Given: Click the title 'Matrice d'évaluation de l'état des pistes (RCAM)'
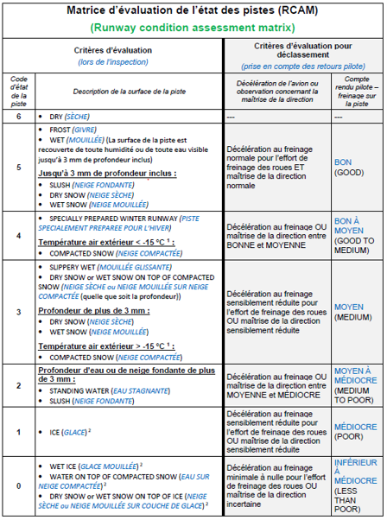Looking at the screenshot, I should [193, 11].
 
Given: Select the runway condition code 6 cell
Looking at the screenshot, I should [18, 115].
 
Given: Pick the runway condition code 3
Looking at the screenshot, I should [18, 309].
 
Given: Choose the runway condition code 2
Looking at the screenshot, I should [18, 386].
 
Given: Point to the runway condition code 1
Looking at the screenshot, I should [18, 432].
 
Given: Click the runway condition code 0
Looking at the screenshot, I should [18, 485].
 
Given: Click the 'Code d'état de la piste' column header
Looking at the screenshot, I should [18, 91].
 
